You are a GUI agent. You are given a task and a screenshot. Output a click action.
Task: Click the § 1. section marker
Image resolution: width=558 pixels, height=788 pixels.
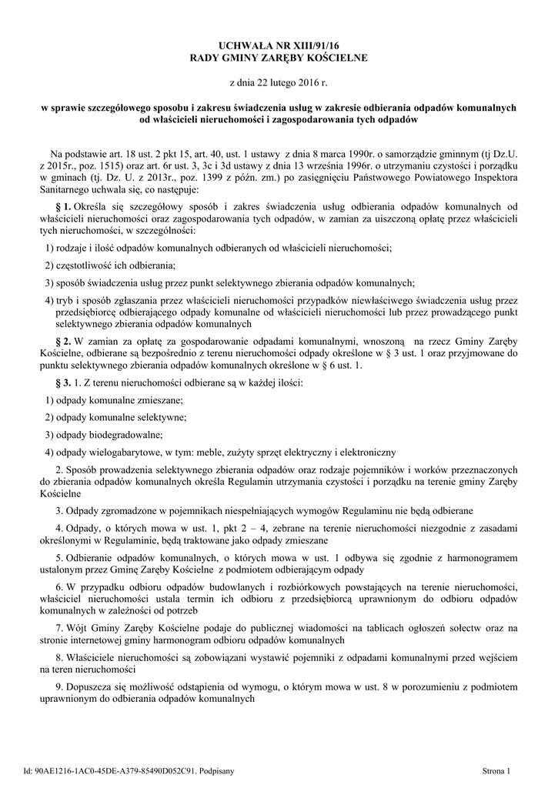(63, 207)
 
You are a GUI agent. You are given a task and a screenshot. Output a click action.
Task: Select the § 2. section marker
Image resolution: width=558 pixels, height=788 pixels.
(63, 340)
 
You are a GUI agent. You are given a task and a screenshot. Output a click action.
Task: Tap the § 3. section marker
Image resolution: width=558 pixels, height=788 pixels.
(63, 382)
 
